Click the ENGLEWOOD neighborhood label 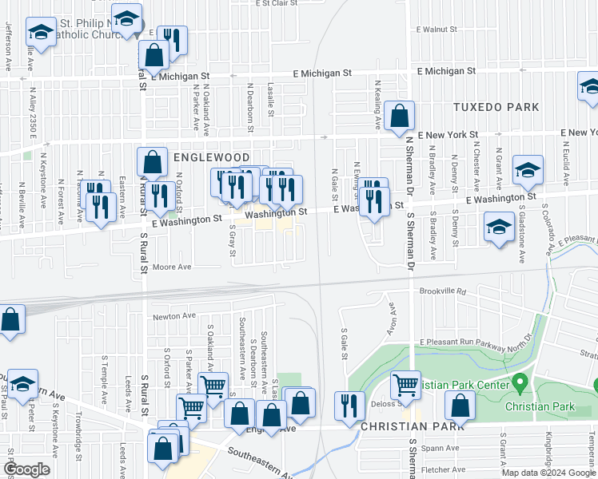(208, 158)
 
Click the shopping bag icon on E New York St (399, 117)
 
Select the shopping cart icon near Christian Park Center (406, 386)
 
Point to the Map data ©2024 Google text (548, 473)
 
